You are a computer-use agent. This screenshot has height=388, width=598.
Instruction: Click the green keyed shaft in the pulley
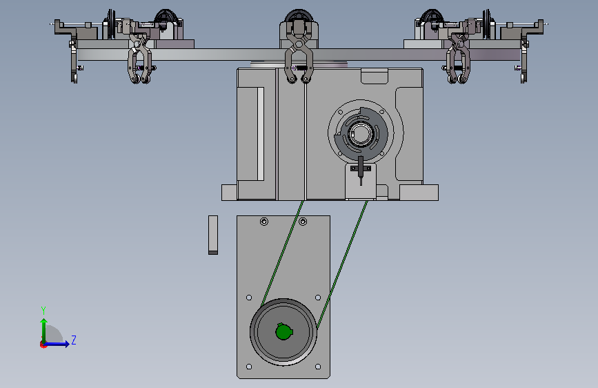tap(283, 331)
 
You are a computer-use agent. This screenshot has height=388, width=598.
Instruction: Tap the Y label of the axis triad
tap(43, 310)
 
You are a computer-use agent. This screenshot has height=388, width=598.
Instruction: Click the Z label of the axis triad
tap(74, 340)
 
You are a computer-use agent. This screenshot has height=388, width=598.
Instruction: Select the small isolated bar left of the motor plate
tap(213, 235)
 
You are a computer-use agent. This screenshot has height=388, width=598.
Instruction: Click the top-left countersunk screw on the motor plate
tap(264, 222)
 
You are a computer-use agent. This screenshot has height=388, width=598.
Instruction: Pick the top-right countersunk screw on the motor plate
tap(303, 222)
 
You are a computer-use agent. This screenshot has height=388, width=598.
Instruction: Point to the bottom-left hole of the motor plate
tap(249, 367)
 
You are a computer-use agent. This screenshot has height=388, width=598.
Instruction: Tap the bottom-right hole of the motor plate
tap(318, 367)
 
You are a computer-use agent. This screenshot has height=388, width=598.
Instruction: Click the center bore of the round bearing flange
tap(361, 134)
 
